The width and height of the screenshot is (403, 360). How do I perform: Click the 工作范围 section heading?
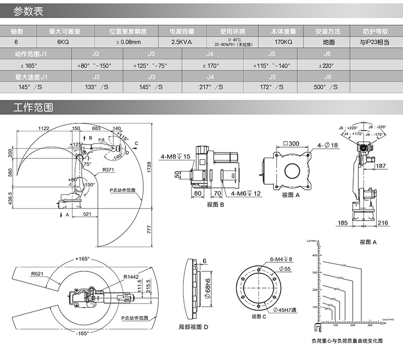pyautogui.click(x=33, y=108)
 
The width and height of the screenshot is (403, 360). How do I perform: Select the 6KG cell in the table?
pyautogui.click(x=62, y=42)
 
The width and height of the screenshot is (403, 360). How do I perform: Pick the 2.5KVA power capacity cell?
pyautogui.click(x=182, y=42)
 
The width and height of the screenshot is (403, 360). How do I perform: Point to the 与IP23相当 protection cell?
pyautogui.click(x=375, y=42)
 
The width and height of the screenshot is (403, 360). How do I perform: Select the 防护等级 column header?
pyautogui.click(x=375, y=31)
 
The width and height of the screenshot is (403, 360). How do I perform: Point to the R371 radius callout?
pyautogui.click(x=109, y=170)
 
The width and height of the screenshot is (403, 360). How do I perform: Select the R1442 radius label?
pyautogui.click(x=132, y=276)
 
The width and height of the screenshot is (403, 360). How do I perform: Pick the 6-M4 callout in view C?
pyautogui.click(x=281, y=259)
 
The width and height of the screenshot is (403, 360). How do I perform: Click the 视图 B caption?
pyautogui.click(x=215, y=205)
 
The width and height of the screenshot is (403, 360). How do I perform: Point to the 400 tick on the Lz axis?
pyautogui.click(x=315, y=255)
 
